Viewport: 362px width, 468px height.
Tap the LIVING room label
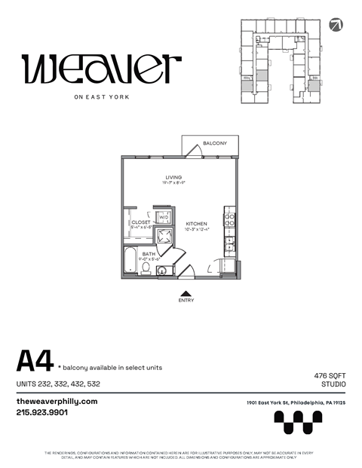[x=173, y=177]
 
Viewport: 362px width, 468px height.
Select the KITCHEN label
[x=196, y=224]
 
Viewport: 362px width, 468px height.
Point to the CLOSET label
[x=141, y=222]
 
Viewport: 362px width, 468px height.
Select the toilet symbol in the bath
[x=146, y=267]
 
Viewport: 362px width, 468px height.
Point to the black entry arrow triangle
[x=185, y=292]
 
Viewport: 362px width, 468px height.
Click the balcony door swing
[x=195, y=151]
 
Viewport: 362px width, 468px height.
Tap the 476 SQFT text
[x=330, y=375]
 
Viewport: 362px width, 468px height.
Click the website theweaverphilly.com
[x=57, y=402]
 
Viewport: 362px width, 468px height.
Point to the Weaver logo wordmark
[x=101, y=70]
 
